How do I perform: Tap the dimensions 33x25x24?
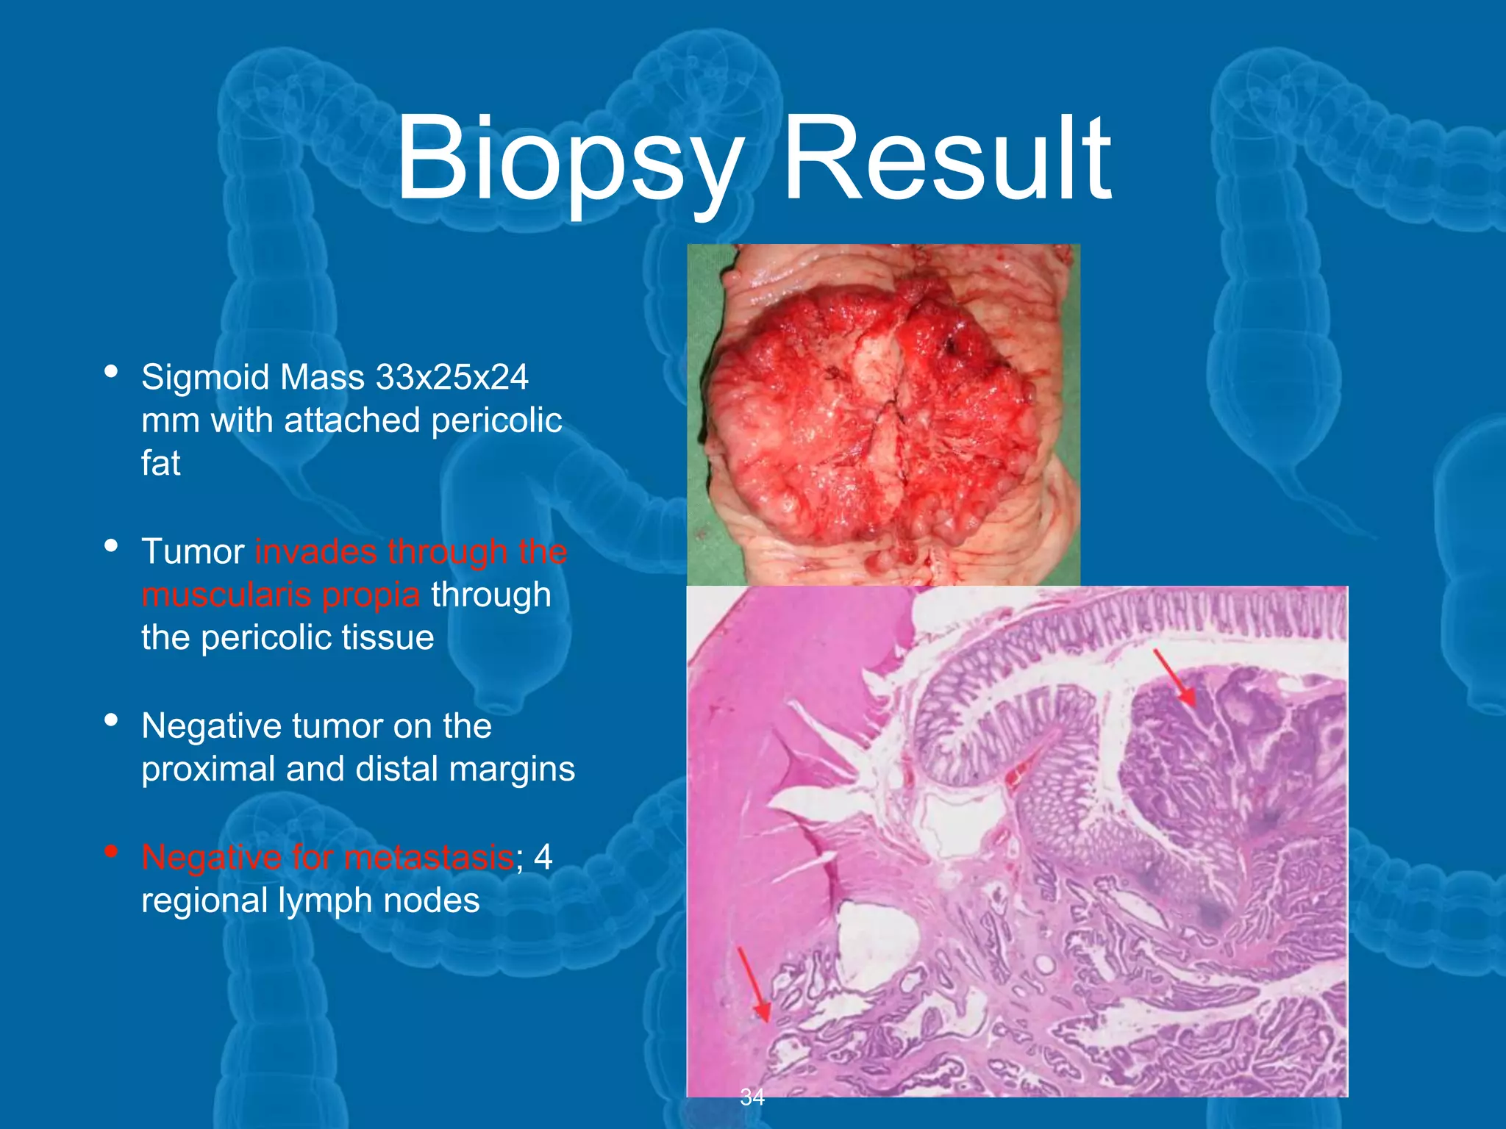452,378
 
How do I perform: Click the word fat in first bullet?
160,464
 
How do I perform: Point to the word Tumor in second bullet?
193,552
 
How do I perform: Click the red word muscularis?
228,595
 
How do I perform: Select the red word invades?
318,552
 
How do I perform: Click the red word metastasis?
429,857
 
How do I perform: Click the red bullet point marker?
111,852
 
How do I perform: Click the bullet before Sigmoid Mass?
111,371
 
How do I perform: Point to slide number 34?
752,1097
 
